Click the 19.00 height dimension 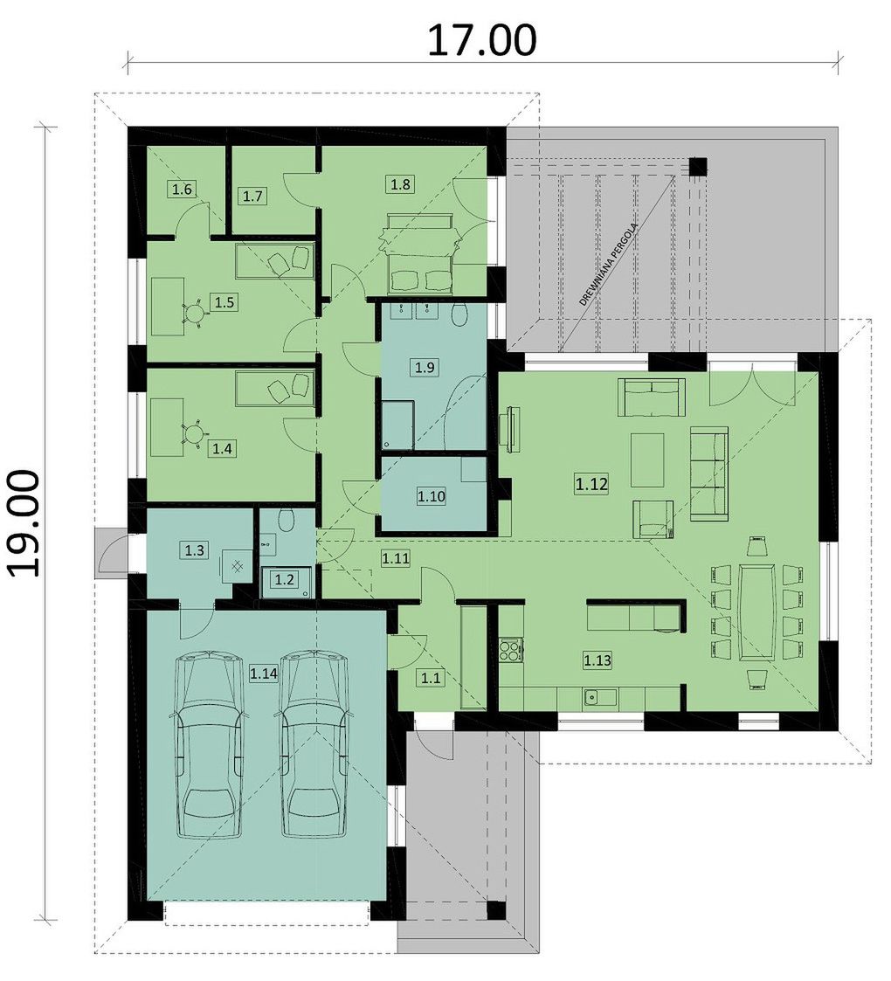coord(25,523)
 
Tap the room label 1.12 coord(591,484)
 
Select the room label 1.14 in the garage coord(263,674)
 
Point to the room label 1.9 coord(425,367)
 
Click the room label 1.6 coord(182,189)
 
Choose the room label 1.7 coord(252,197)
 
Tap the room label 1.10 coord(432,497)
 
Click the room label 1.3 coord(194,550)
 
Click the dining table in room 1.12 coord(757,611)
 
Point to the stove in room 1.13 coord(510,649)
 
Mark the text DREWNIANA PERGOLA coord(609,265)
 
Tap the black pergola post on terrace coord(698,167)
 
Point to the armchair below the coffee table coord(653,519)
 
